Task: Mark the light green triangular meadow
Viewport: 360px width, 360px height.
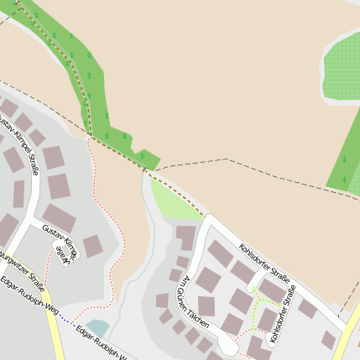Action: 172,202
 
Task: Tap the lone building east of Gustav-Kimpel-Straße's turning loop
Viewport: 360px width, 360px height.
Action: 93,246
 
